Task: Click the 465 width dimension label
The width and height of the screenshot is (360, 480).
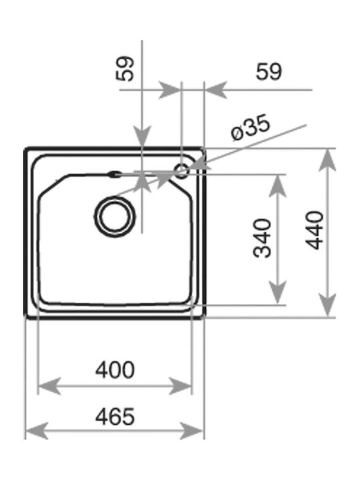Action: coord(115,417)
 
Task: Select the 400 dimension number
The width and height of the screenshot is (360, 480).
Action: coord(115,370)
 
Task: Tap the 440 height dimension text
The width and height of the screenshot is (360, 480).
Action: coord(315,230)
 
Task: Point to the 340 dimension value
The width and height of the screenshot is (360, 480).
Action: coord(263,238)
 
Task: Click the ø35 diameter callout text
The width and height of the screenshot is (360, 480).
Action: coord(251,127)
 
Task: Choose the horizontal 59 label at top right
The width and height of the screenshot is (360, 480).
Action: coord(269,72)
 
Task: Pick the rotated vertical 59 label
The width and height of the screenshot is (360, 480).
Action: coord(125,69)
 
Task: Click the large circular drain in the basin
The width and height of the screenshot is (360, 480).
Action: coord(115,217)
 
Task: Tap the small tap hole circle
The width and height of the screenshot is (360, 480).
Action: coord(181,170)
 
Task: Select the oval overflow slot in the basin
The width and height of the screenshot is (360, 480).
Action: coord(115,175)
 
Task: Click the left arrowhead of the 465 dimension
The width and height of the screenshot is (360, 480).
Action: coord(37,431)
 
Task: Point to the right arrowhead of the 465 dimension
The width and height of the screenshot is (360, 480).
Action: coord(191,431)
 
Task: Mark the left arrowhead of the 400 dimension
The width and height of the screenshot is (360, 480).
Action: coord(49,386)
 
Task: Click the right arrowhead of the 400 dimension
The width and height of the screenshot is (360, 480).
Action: coord(180,386)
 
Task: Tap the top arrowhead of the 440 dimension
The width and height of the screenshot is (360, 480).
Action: coord(327,160)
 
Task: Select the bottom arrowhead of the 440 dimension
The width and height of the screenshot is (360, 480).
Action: coord(327,305)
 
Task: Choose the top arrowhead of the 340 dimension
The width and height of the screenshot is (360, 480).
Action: coord(277,186)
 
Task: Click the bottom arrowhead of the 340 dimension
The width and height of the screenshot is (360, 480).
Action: coord(277,293)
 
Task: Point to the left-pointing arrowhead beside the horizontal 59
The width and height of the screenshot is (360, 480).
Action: coord(216,90)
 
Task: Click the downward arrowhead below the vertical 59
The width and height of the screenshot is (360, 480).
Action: coord(142,137)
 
